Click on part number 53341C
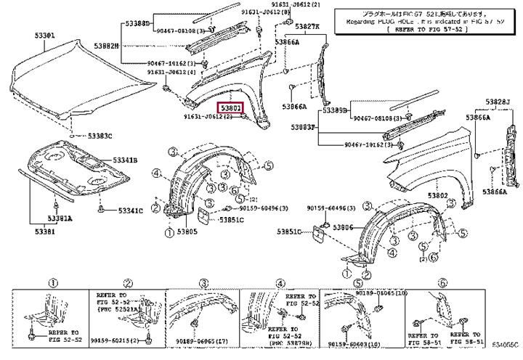point(119,210)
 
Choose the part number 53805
point(187,232)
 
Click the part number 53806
point(342,228)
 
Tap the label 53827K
point(307,26)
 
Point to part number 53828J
point(498,100)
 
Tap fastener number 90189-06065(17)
point(201,340)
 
